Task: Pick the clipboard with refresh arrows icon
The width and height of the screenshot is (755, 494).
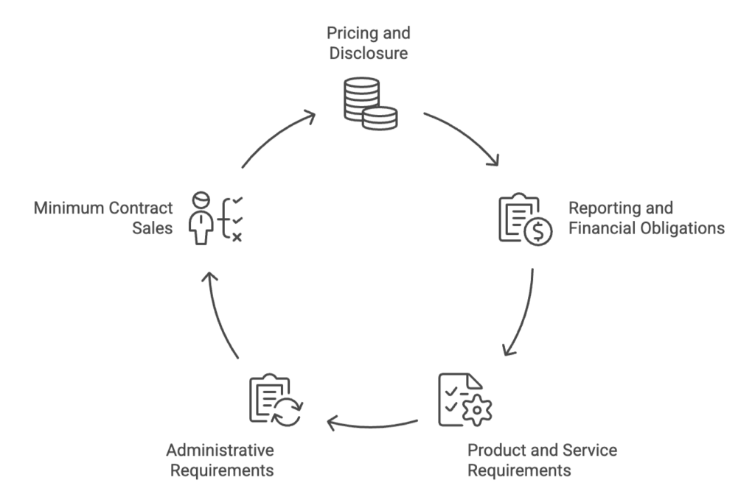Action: point(275,401)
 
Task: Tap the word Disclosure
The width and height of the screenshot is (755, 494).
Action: point(369,53)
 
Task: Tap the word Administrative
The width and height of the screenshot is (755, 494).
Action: point(220,450)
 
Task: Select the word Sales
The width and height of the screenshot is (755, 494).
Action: point(153,228)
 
